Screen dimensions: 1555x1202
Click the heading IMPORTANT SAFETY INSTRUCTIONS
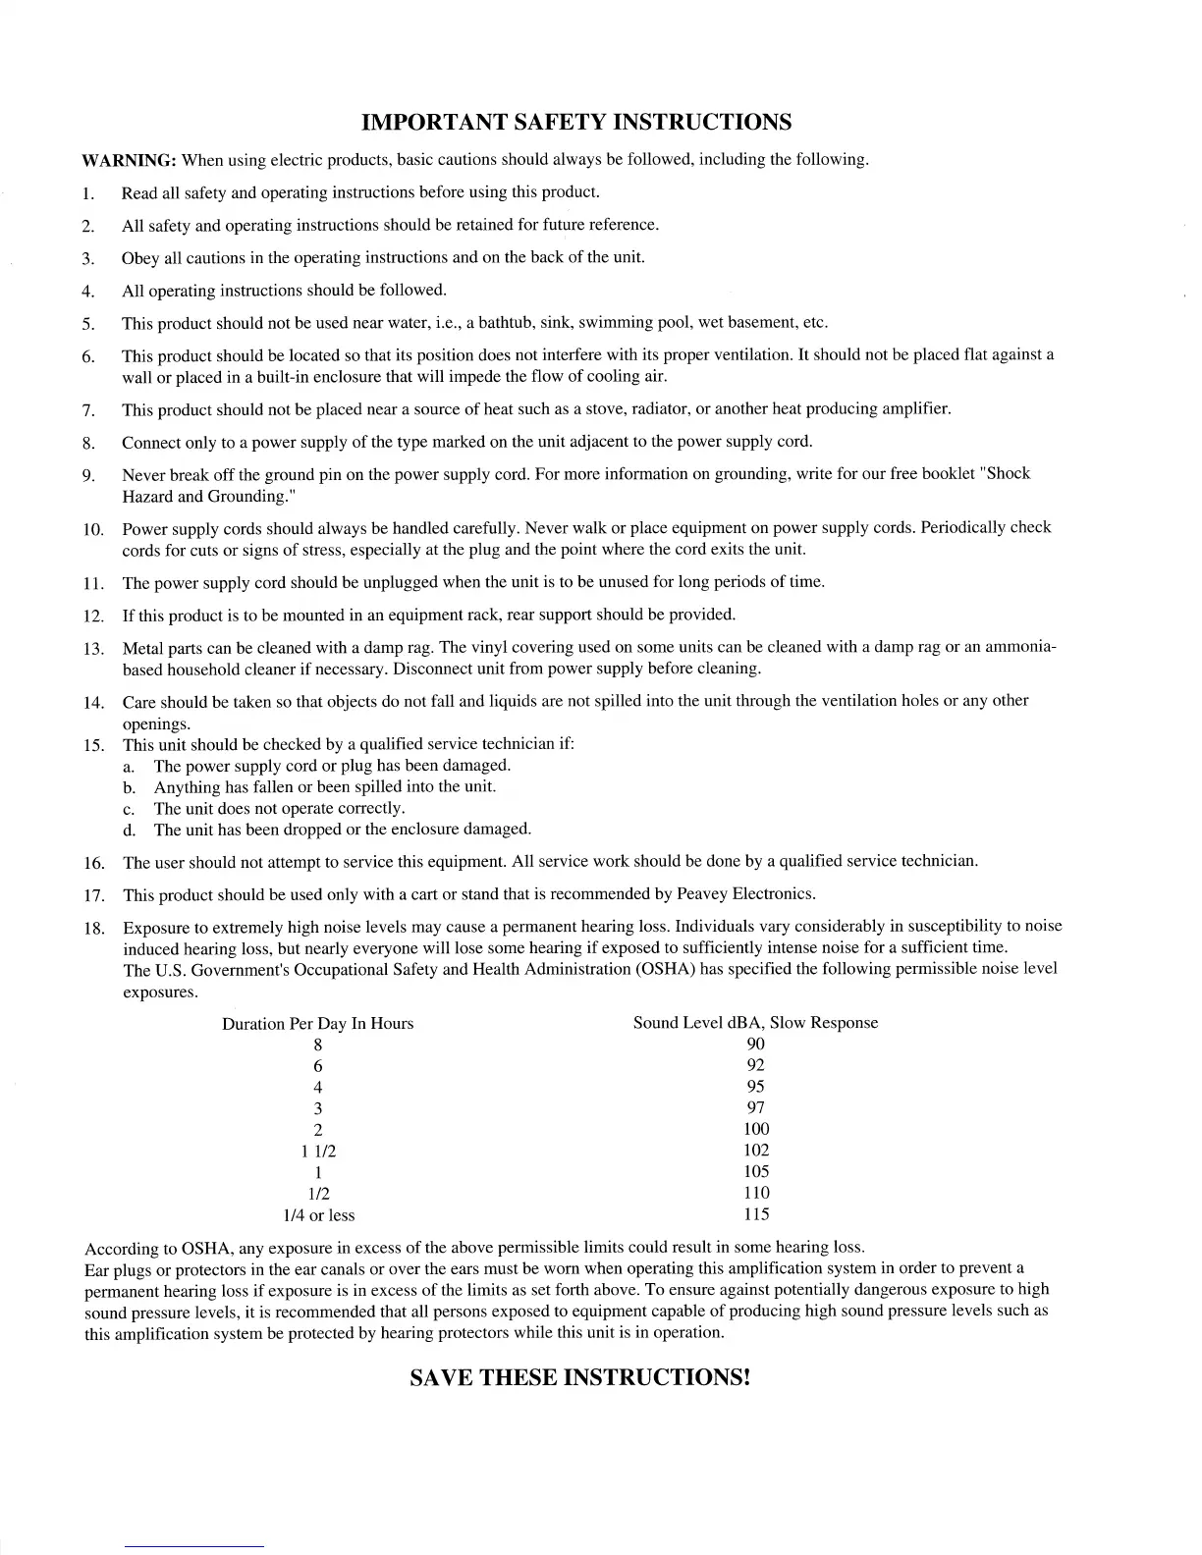576,123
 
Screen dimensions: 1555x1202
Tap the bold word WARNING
129,160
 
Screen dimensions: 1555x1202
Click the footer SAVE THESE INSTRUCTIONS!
579,1377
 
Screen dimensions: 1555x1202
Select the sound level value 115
756,1214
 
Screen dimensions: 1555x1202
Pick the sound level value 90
756,1045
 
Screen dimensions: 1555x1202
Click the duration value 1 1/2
318,1152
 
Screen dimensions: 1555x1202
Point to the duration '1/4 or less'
318,1215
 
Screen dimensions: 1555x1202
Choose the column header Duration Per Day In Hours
318,1024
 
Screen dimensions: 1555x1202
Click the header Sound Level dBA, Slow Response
755,1023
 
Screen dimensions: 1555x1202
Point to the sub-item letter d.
129,831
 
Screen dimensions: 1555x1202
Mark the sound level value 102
756,1151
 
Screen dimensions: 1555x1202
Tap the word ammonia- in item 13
1020,648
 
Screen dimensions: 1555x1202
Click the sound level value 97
756,1108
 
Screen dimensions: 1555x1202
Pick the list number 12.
94,617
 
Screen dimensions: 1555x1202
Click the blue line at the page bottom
194,1546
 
